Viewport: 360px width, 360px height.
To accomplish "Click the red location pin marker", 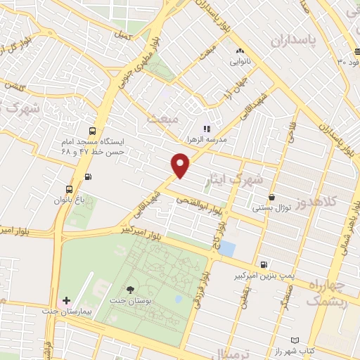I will tap(181, 165).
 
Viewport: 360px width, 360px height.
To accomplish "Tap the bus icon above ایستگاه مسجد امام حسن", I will tap(93, 131).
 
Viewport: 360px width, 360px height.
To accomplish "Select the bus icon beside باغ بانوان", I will tap(69, 189).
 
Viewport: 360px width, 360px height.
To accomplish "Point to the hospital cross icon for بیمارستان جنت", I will tap(67, 300).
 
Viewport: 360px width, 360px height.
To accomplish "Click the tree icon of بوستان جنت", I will tap(131, 290).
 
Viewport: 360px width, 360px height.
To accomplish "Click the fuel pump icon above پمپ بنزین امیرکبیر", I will tap(263, 265).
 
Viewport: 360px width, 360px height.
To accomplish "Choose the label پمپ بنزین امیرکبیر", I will tap(263, 276).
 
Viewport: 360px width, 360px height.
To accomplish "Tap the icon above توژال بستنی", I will tap(271, 198).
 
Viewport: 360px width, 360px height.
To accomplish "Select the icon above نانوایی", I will tap(240, 51).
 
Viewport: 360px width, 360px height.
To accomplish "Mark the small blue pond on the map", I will tap(228, 248).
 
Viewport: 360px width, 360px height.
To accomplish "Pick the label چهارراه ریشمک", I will tap(328, 293).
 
